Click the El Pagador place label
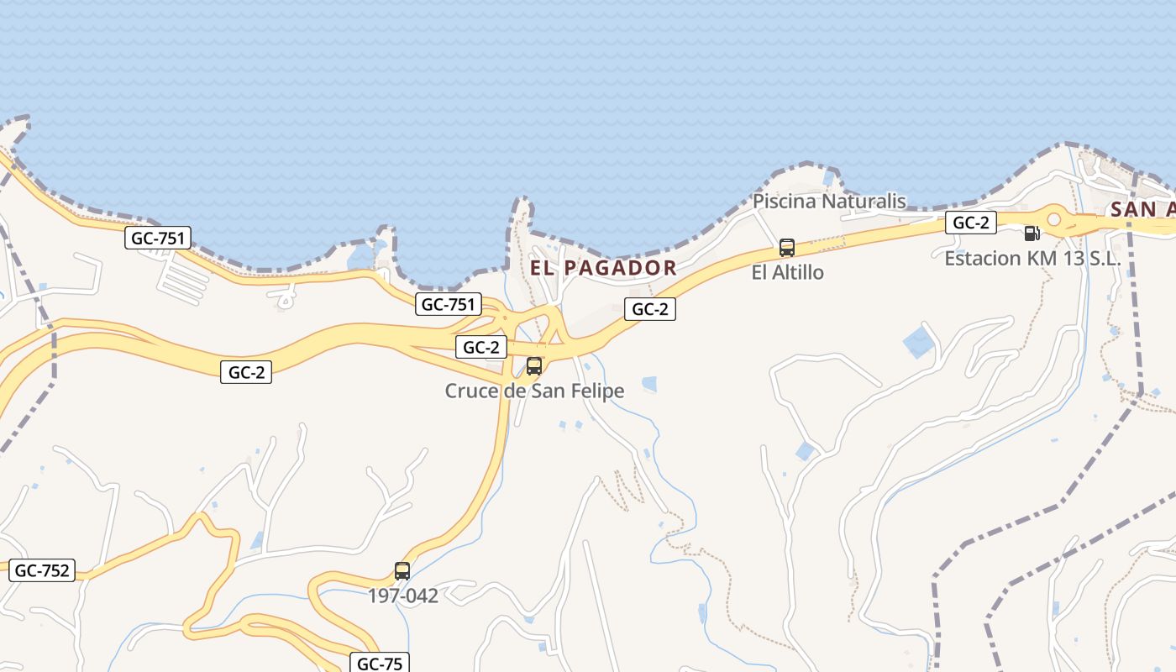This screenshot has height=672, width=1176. tap(603, 268)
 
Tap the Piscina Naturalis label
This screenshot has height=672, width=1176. tap(829, 201)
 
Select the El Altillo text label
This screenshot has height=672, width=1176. tap(787, 272)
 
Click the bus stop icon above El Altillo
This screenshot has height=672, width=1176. tap(787, 248)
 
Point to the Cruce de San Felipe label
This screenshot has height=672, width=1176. tap(534, 391)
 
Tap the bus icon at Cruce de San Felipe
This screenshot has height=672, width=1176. tap(533, 366)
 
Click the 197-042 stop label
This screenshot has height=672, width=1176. tap(403, 596)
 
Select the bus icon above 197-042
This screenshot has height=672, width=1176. tap(402, 571)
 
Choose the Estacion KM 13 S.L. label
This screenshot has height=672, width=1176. tap(1032, 258)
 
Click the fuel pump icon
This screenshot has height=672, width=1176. tap(1032, 233)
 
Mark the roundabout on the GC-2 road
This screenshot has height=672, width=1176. tap(1054, 220)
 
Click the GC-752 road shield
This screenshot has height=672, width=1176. tap(43, 570)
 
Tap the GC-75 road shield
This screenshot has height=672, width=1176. tap(380, 663)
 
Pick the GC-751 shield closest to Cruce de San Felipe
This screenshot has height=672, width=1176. tap(449, 304)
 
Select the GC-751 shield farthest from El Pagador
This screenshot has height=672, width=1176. tap(159, 238)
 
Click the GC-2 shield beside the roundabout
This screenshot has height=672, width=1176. tap(971, 223)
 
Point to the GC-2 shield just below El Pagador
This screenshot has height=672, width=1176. tap(650, 309)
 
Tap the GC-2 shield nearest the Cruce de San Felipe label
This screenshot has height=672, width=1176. tap(481, 347)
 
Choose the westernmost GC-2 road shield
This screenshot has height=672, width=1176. tap(246, 372)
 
